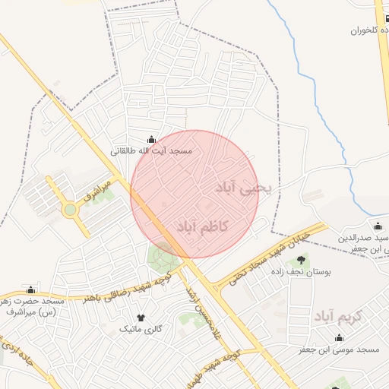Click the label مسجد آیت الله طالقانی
(152, 151)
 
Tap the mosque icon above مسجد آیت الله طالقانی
(151, 139)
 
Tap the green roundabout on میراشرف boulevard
(70, 209)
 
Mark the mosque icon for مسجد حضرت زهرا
(30, 289)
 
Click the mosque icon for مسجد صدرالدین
(378, 226)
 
